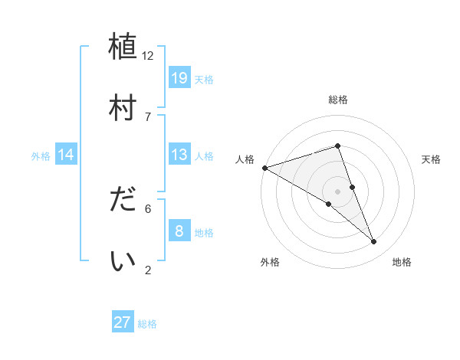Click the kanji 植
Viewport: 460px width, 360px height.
click(123, 46)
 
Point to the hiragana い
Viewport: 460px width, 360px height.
click(123, 260)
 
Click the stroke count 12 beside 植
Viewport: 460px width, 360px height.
click(148, 55)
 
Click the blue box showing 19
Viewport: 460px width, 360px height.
click(179, 77)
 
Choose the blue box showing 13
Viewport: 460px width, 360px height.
click(179, 155)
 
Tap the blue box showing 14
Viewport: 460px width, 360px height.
click(66, 155)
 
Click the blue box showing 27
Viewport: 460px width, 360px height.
click(123, 322)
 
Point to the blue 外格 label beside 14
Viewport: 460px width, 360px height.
click(41, 155)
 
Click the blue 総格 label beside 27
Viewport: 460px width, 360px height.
click(147, 324)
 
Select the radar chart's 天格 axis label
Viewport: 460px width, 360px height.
click(432, 159)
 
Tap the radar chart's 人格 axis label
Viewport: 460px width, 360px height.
click(245, 159)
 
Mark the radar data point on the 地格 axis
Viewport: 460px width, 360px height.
click(374, 242)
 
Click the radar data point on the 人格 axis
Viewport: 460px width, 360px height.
click(264, 167)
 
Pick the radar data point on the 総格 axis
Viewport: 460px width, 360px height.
click(337, 146)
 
